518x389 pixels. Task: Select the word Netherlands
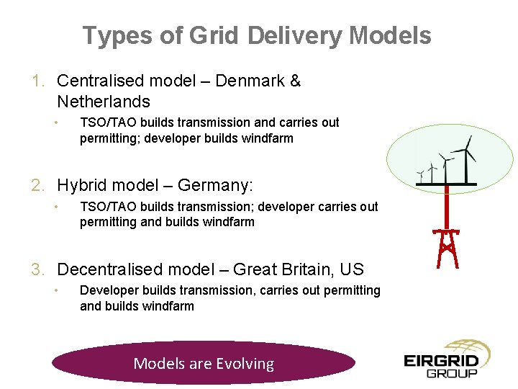tap(103, 102)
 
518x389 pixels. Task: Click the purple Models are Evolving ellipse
tap(204, 363)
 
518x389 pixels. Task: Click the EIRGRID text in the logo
tap(441, 359)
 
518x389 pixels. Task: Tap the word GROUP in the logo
tap(452, 373)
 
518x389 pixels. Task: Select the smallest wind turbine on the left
tap(420, 174)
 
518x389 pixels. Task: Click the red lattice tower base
tap(447, 249)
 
